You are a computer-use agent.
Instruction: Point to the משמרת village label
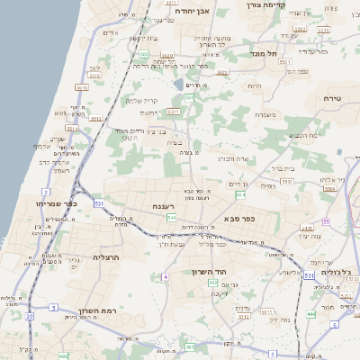(265, 114)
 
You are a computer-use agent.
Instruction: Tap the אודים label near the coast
(111, 33)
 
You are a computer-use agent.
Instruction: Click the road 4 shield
(166, 276)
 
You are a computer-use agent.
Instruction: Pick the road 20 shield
(30, 316)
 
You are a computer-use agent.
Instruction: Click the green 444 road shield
(310, 313)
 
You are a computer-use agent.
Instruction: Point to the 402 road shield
(213, 283)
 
